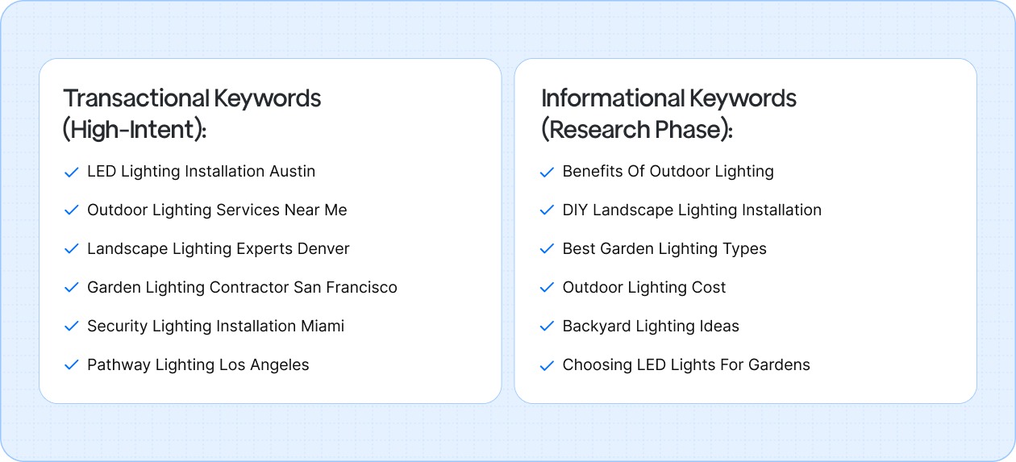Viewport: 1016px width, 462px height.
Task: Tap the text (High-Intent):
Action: pyautogui.click(x=135, y=129)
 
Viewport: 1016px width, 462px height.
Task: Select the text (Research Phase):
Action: pyautogui.click(x=637, y=129)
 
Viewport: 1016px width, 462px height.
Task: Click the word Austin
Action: pyautogui.click(x=292, y=171)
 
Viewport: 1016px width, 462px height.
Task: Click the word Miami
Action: pyautogui.click(x=323, y=326)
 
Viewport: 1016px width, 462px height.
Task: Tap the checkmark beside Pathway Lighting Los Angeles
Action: pyautogui.click(x=71, y=365)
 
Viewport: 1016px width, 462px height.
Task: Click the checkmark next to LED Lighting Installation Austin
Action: pyautogui.click(x=71, y=172)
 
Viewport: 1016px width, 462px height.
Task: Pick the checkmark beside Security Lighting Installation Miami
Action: pyautogui.click(x=71, y=327)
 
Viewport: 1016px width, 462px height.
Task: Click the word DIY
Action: pyautogui.click(x=575, y=210)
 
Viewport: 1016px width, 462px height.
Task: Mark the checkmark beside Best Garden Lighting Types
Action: pyautogui.click(x=547, y=249)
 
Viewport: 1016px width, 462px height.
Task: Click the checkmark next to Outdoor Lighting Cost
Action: pyautogui.click(x=547, y=288)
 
